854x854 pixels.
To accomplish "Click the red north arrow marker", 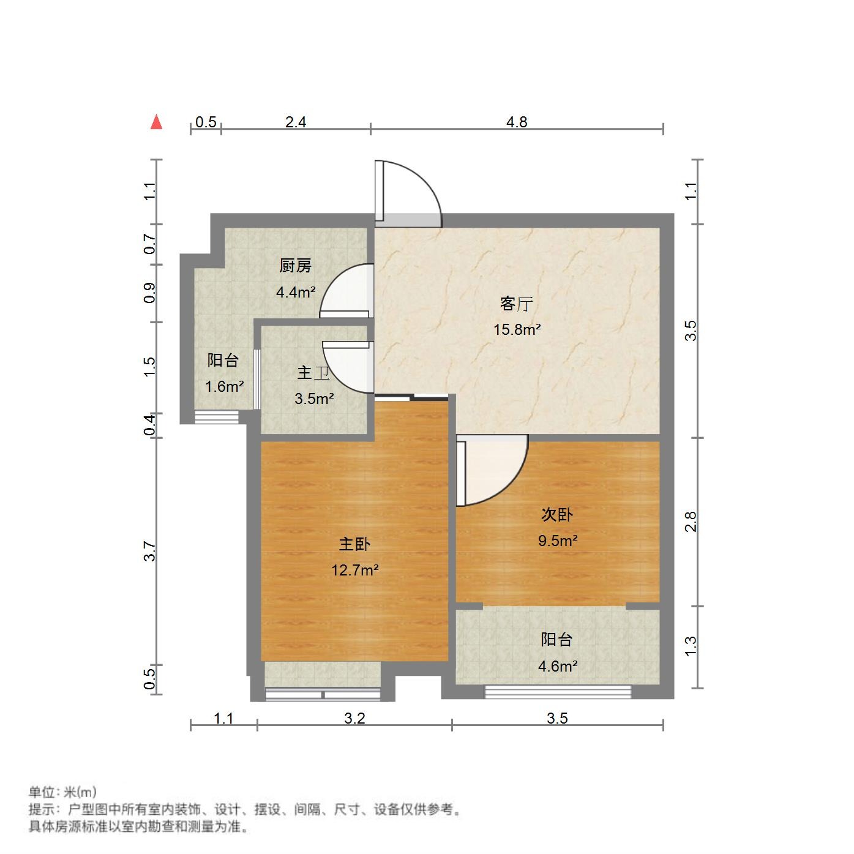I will point(157,122).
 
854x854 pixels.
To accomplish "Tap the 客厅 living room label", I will point(517,304).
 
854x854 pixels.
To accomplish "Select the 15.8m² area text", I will point(517,330).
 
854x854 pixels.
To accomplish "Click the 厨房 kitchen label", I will point(295,266).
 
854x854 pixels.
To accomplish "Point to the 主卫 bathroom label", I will point(313,373).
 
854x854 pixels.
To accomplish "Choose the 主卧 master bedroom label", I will point(354,544).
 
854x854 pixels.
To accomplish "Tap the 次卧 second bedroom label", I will point(556,515).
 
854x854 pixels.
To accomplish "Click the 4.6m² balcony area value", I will point(557,666).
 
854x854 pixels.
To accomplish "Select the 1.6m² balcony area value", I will point(224,387).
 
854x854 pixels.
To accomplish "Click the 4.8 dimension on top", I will point(517,122).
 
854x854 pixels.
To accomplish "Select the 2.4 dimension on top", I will point(296,122).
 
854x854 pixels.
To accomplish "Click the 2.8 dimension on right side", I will point(691,522).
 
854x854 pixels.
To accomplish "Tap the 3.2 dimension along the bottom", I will point(354,718).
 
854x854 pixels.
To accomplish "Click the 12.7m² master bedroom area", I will point(354,571).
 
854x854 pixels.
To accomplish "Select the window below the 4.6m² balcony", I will point(558,692).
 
